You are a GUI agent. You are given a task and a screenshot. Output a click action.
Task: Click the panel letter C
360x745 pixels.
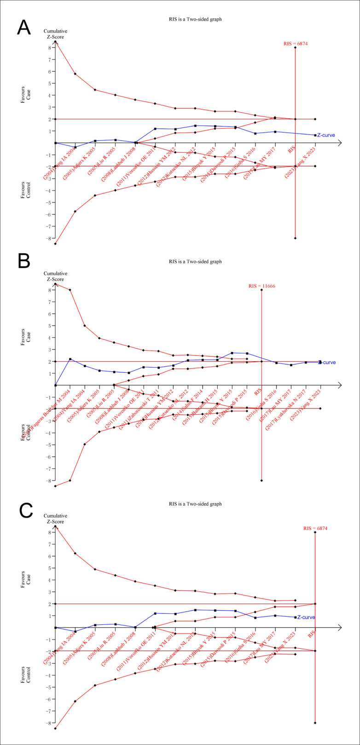(x=23, y=509)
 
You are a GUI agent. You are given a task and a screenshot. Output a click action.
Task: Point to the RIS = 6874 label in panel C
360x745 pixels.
(x=315, y=529)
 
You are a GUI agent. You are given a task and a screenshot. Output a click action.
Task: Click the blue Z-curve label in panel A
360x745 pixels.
(x=326, y=135)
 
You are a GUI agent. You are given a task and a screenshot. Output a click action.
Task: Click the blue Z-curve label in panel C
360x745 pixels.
(x=307, y=617)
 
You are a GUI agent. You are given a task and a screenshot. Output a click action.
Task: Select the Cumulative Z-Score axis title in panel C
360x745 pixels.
(x=56, y=519)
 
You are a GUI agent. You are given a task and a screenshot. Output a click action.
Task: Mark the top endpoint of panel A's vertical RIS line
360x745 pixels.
(x=295, y=47)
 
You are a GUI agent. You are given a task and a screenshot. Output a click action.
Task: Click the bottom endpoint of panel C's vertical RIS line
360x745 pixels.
(x=315, y=723)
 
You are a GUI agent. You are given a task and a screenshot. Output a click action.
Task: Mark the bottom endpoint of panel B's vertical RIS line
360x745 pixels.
(x=261, y=480)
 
